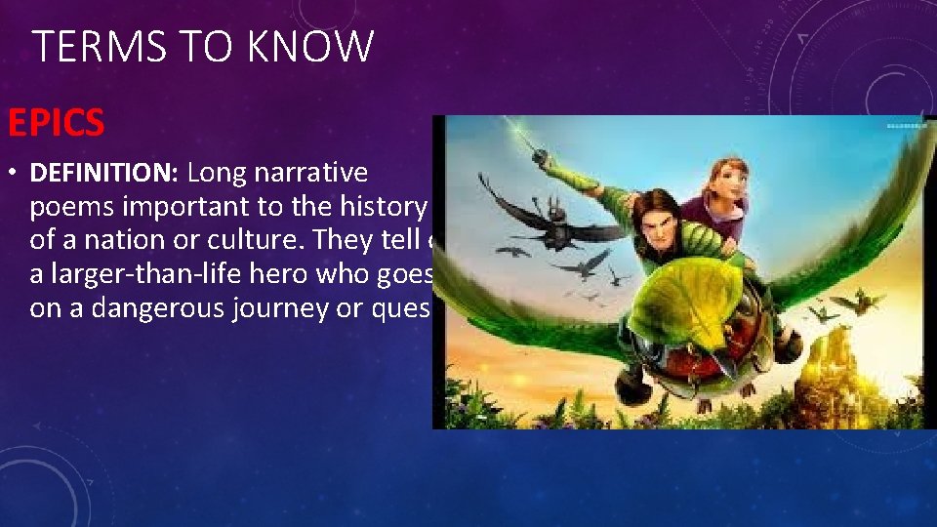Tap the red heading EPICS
click(56, 123)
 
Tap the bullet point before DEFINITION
click(14, 174)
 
